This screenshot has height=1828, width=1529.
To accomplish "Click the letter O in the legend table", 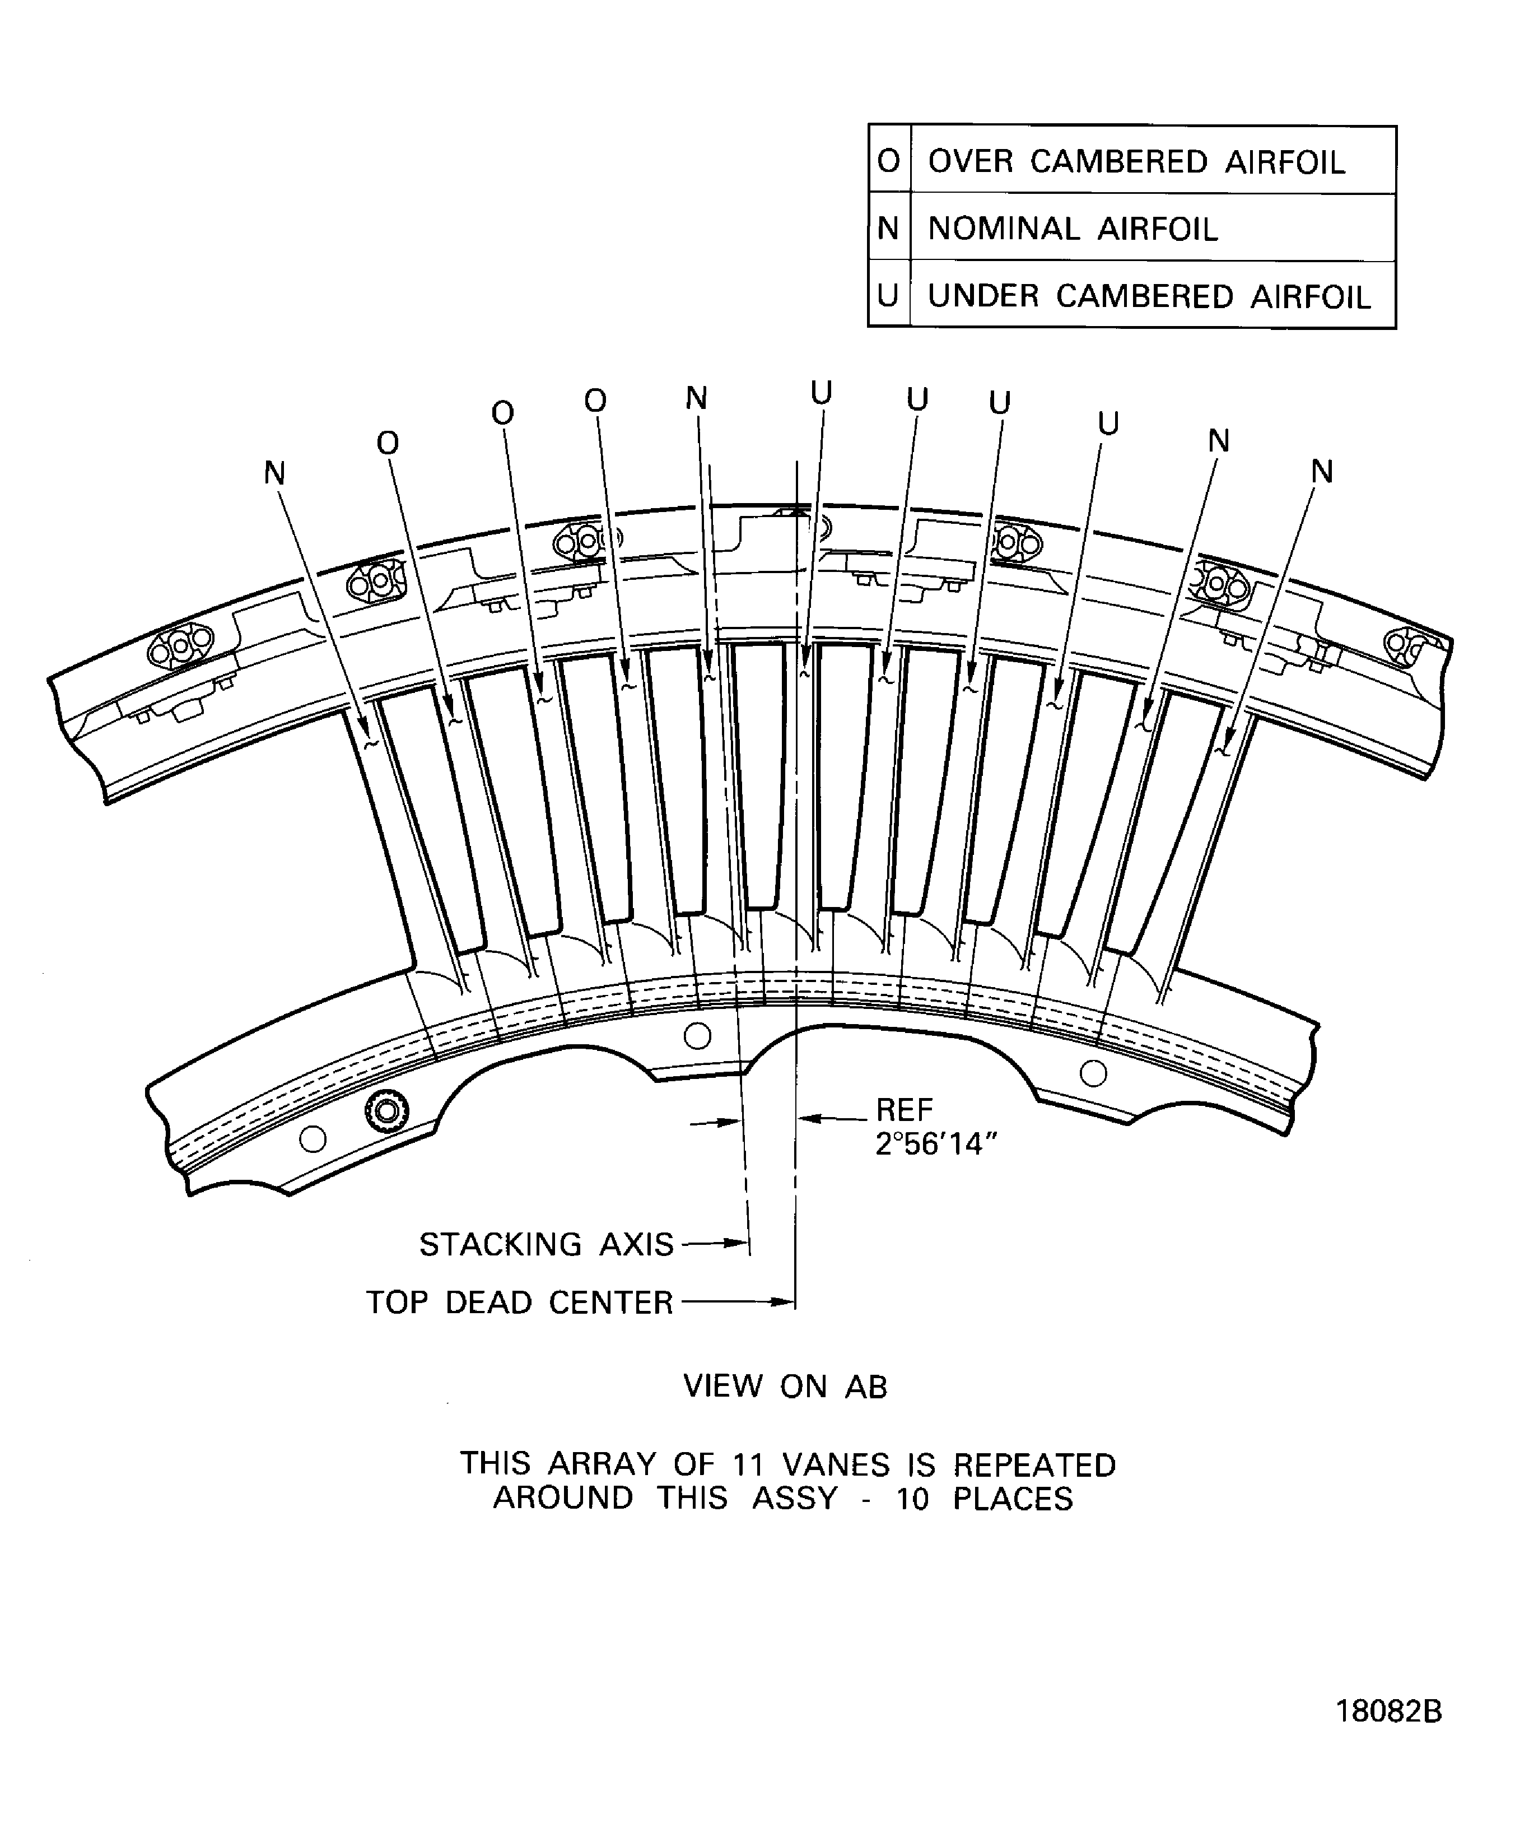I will coord(888,161).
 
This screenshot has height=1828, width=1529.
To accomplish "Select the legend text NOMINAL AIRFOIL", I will coord(1073,229).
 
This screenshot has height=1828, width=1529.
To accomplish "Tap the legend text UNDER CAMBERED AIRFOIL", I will coord(1149,297).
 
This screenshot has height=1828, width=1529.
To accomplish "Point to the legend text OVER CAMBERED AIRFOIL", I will coord(1136,162).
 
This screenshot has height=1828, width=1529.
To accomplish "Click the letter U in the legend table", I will coord(888,297).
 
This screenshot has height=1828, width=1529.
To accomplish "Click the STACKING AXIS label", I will coord(547,1245).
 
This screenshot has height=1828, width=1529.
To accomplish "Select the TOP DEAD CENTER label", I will coord(520,1303).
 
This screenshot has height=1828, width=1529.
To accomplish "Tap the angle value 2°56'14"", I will coord(935,1145).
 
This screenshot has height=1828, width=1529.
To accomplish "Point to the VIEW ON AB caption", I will coord(785,1387).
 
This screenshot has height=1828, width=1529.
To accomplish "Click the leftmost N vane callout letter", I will coord(275,473).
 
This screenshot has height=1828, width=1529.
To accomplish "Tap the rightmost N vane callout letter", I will coord(1322,472).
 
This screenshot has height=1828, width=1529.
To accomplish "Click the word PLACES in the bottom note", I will coord(1013,1499).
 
